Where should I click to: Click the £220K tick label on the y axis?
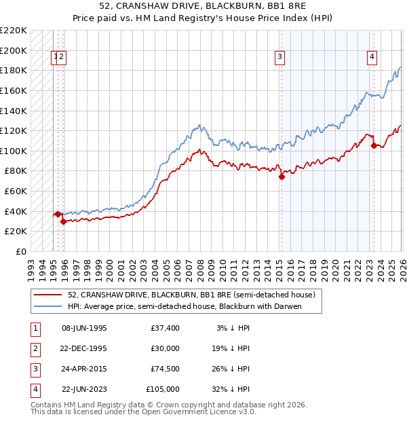click(14, 31)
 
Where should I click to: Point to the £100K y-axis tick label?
click(14, 151)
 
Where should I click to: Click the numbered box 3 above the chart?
click(279, 58)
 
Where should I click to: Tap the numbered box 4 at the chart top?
click(372, 58)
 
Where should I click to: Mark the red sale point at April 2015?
click(282, 177)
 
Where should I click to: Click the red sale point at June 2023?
click(374, 145)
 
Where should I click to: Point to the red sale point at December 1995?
click(63, 221)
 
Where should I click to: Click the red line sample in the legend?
click(49, 295)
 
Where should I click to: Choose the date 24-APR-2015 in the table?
click(84, 370)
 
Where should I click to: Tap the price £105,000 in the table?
click(163, 389)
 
